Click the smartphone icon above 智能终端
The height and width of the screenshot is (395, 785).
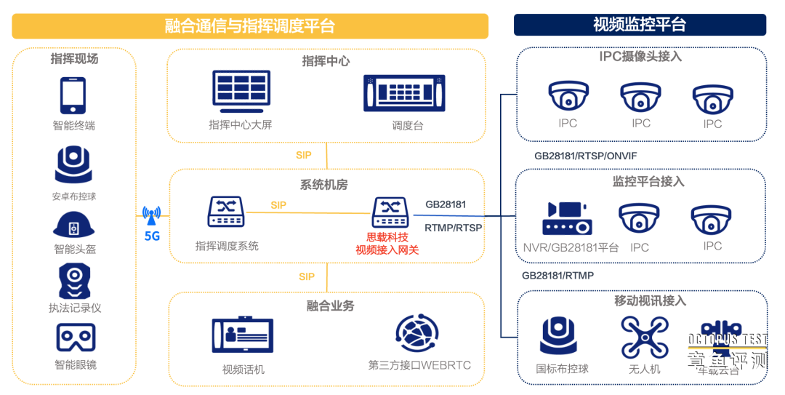click(x=73, y=95)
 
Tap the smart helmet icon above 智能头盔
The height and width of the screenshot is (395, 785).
click(x=73, y=225)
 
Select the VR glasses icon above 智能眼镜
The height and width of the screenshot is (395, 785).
click(x=76, y=338)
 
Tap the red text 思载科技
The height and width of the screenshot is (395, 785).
click(x=387, y=237)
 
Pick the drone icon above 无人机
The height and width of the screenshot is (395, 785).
click(x=644, y=337)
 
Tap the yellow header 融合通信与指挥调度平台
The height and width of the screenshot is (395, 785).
click(x=249, y=27)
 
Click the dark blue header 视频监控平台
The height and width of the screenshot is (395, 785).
click(x=640, y=25)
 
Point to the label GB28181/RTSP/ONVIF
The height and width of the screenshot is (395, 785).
click(x=586, y=156)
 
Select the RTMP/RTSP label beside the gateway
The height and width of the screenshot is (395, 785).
click(x=453, y=228)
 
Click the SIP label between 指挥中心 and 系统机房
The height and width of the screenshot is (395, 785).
click(x=304, y=155)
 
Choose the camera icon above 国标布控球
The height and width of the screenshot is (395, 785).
click(x=558, y=337)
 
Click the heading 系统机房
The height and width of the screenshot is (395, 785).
click(x=324, y=185)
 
